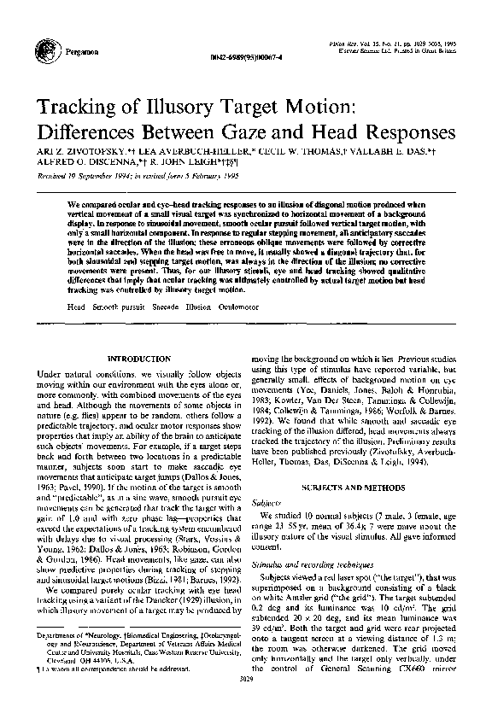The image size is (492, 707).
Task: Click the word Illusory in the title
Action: pyautogui.click(x=192, y=108)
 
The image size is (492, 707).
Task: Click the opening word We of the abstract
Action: pyautogui.click(x=73, y=205)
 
